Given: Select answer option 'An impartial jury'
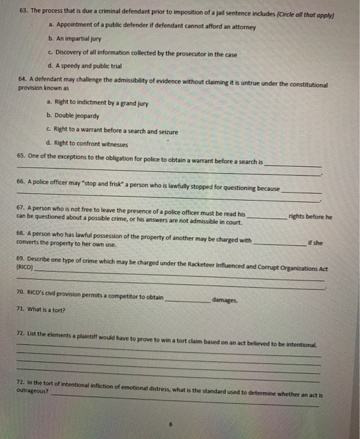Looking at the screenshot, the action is pos(80,40).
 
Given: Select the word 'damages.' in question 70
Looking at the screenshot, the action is pos(225,300).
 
